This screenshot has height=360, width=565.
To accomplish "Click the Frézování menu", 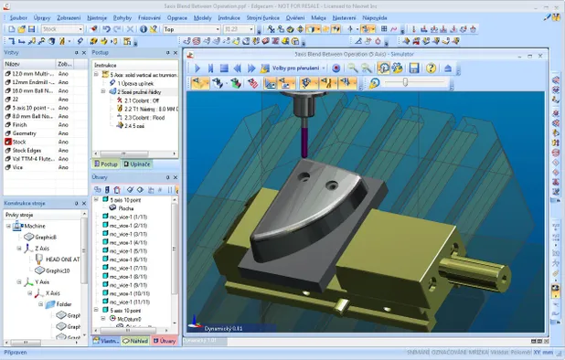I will coord(148,17).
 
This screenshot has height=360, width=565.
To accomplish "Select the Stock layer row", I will coord(19,142).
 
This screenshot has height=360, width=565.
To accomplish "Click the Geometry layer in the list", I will coord(27,132).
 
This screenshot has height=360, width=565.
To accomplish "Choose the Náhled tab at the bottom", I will coord(139,341).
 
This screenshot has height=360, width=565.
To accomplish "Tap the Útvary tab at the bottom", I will coord(166,341).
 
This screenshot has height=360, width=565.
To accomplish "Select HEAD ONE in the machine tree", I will coord(61,259).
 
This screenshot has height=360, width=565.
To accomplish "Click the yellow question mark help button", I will coord(155,28).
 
